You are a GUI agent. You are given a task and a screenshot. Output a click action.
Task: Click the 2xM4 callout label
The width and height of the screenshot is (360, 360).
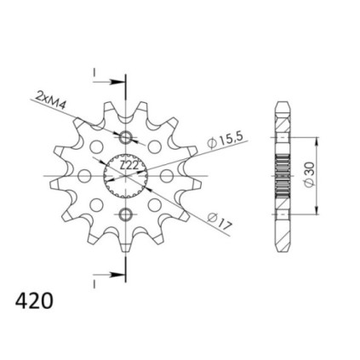[50, 100]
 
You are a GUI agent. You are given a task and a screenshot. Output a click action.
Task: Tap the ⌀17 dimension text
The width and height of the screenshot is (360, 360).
[220, 221]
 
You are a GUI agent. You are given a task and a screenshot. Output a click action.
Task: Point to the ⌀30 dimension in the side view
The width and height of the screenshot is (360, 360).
[309, 174]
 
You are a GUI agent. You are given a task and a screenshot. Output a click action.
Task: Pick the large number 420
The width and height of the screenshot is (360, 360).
[34, 301]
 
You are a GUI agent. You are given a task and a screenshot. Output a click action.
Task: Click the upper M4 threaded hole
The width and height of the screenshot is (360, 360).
[125, 138]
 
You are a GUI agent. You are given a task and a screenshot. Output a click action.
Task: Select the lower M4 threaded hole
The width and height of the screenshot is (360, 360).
[125, 214]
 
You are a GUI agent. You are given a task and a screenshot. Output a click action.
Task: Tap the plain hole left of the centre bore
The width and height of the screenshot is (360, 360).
[84, 176]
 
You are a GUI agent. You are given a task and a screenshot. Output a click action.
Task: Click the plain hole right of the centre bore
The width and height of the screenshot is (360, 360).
[167, 176]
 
